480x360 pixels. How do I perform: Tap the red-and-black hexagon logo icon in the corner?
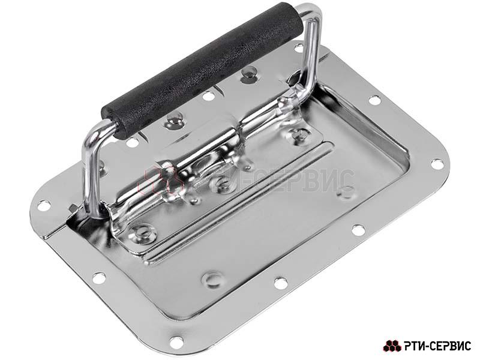pos(392,346)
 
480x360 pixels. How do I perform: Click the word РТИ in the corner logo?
pos(414,346)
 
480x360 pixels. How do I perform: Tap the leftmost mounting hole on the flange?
pos(44,205)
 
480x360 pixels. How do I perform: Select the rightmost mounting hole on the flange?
pos(437,164)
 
